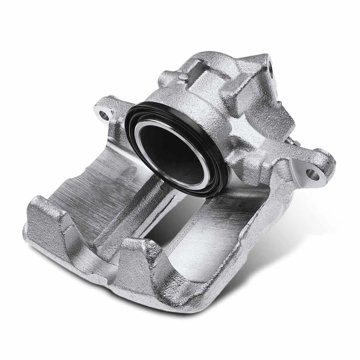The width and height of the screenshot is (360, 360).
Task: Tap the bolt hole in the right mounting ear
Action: [x=313, y=175]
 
